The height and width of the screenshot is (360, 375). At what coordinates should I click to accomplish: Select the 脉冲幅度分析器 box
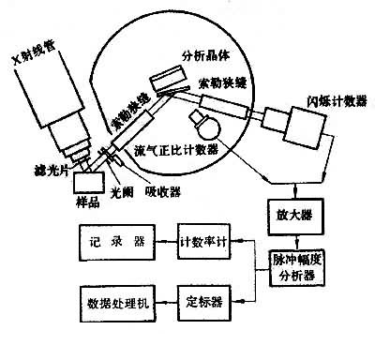pos(294,269)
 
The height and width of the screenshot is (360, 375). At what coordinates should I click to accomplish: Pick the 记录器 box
pos(117,241)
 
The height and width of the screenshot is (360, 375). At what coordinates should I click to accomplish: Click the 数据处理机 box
pos(117,305)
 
